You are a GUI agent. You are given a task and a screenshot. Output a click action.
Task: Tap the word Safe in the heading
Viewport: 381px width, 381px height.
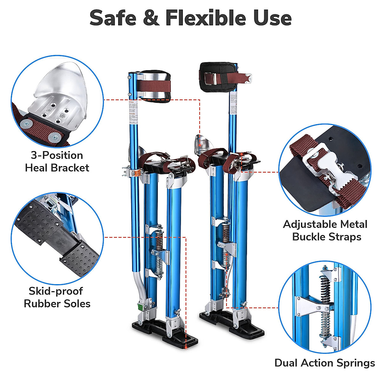(113, 18)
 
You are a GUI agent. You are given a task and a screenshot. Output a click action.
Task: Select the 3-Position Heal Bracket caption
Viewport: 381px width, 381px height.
(57, 162)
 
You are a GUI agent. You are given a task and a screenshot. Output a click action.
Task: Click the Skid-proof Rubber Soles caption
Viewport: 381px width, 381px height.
(57, 297)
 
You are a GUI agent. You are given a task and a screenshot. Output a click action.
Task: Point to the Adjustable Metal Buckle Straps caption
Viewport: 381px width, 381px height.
(325, 231)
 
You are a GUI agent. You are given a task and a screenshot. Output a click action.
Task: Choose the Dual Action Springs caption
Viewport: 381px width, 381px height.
(324, 363)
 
